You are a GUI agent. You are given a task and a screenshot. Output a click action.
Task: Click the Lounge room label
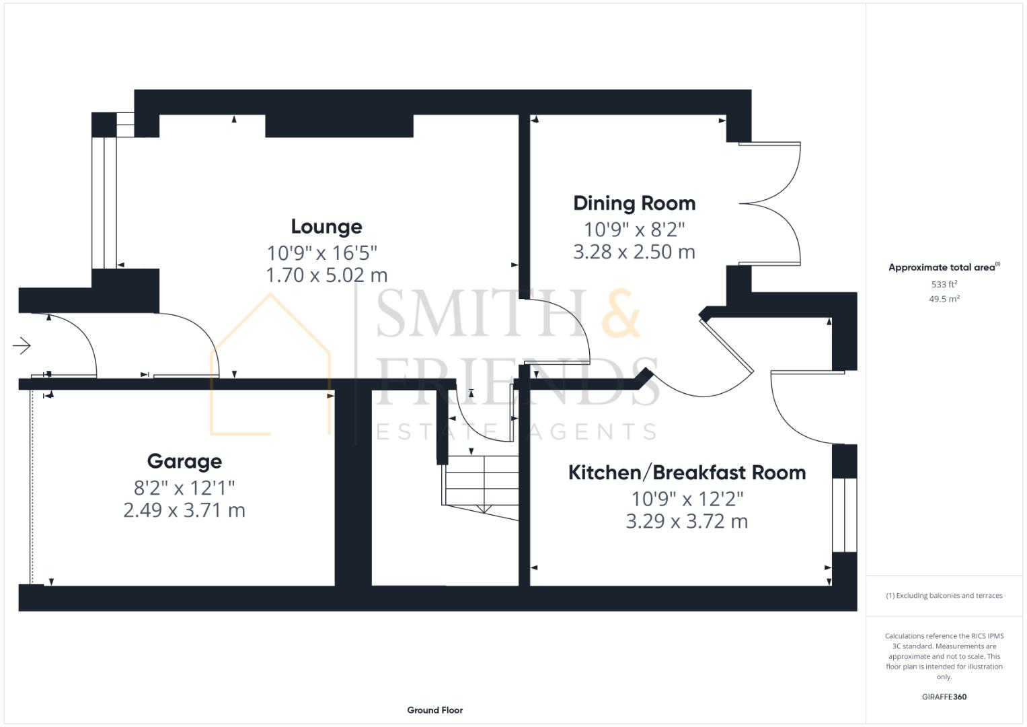[x=326, y=227]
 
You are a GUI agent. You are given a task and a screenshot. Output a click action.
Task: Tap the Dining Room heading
[x=634, y=203]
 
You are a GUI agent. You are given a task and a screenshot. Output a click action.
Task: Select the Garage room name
[x=184, y=462]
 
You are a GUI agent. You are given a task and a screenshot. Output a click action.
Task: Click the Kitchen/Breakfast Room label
[x=687, y=473]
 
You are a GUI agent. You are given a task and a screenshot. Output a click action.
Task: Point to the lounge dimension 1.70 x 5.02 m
[x=326, y=275]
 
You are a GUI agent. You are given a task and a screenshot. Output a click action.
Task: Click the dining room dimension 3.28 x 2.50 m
[x=634, y=252]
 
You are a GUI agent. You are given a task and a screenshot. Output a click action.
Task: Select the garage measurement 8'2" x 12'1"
[x=184, y=487]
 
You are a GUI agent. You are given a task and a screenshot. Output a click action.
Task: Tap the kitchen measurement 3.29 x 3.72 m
[x=687, y=522]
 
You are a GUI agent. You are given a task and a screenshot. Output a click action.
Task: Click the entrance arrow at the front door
[x=22, y=346]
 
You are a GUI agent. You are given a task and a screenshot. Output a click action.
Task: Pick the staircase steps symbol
[x=481, y=481]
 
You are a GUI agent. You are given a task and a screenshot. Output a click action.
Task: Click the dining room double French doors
[x=770, y=203]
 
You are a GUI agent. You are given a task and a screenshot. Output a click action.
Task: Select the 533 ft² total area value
[x=944, y=284]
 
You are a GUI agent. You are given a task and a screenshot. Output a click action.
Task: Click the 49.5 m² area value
[x=944, y=299]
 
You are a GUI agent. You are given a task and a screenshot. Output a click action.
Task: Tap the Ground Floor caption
[x=434, y=710]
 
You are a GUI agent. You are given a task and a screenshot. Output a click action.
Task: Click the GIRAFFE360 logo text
[x=944, y=697]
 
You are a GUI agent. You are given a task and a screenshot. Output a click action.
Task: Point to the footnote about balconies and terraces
[x=944, y=596]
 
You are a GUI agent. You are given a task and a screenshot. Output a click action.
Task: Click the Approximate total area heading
[x=944, y=267]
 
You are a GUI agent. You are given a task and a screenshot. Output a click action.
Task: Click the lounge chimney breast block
[x=339, y=126]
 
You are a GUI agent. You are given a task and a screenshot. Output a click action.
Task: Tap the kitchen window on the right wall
[x=845, y=515]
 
